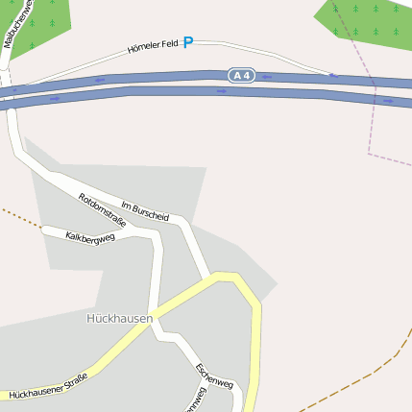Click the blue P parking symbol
point(188,42)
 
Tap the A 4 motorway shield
point(241,75)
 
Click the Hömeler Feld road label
point(154,46)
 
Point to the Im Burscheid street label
point(145,210)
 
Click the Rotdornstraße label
point(102,209)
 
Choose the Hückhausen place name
point(119,318)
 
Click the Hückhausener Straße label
point(48,386)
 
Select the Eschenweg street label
point(213,376)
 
